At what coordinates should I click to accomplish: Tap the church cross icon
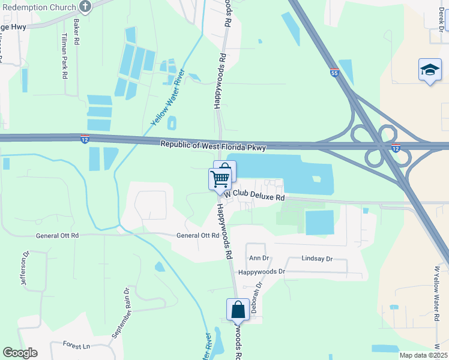coord(85,7)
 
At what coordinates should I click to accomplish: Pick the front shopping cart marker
coord(220,178)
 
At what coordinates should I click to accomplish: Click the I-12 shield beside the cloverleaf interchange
coord(395,148)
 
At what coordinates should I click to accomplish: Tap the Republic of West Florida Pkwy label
coord(213,145)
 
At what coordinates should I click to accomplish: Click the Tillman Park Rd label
coord(64,56)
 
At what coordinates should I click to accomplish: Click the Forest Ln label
coord(76,346)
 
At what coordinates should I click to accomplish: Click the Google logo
coord(20,353)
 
